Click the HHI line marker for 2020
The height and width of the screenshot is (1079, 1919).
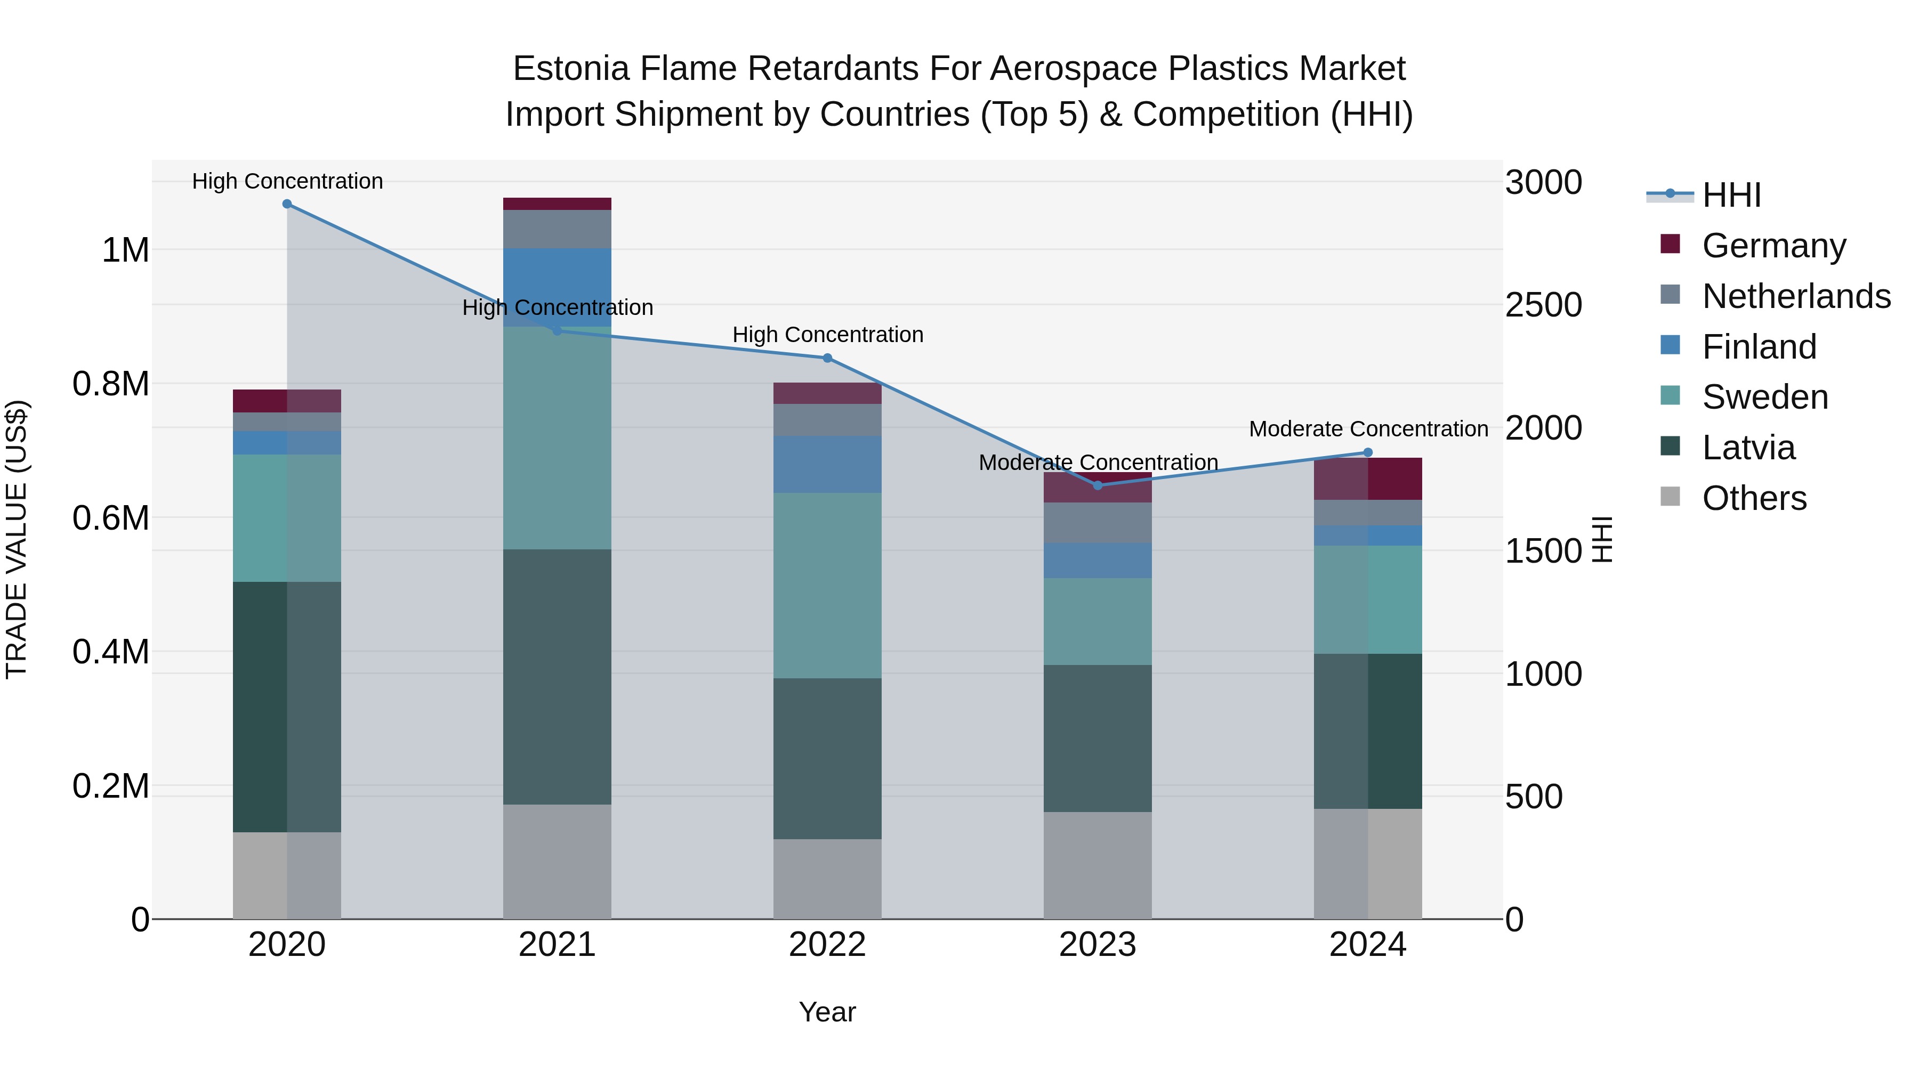[287, 204]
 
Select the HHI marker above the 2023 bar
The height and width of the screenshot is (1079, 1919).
[1098, 485]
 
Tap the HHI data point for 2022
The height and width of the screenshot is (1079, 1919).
[827, 358]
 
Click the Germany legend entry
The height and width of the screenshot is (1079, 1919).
[1773, 246]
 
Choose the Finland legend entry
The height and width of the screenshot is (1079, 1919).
[1759, 347]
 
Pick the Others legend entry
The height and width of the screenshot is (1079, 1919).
[1754, 498]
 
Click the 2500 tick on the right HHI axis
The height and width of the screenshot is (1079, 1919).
[1543, 305]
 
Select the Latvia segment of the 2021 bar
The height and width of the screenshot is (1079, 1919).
[557, 676]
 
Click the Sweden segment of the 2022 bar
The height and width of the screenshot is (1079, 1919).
[827, 585]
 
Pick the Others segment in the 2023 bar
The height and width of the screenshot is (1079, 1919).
[1098, 865]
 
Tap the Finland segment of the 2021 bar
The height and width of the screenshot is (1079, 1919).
[557, 287]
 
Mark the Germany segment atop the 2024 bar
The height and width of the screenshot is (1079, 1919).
[1368, 479]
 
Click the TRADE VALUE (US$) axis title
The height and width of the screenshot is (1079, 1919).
[17, 539]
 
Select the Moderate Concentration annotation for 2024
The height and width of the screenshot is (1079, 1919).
[1368, 429]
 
